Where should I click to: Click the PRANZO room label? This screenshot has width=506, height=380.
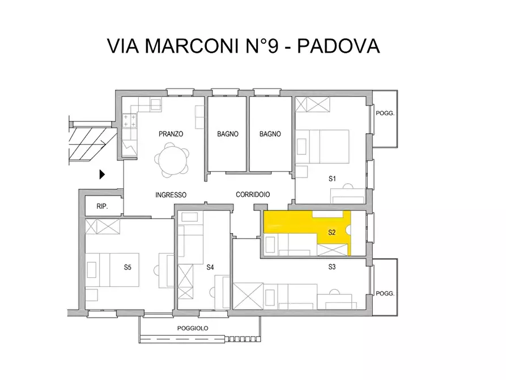(171, 134)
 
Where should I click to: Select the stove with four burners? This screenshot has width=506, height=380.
(129, 120)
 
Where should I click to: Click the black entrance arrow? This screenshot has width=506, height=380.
(103, 174)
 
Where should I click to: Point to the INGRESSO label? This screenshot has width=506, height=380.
(171, 195)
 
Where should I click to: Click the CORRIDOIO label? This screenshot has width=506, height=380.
(253, 195)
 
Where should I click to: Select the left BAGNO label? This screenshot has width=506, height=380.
(227, 134)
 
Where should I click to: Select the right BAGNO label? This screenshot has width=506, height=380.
(270, 134)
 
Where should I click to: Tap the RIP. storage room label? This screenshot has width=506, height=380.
(103, 207)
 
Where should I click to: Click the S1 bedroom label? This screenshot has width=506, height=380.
(333, 179)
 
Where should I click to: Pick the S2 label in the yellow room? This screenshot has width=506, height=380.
(333, 232)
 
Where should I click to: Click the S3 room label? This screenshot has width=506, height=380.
(333, 266)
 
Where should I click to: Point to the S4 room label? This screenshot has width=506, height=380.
(210, 267)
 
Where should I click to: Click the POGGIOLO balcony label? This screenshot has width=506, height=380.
(193, 328)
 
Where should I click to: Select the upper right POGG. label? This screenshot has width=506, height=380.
(385, 113)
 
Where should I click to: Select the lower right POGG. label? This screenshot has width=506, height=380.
(385, 294)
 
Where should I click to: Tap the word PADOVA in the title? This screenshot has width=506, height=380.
(338, 47)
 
